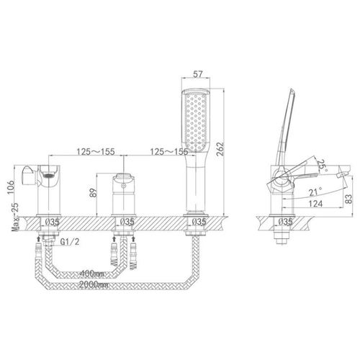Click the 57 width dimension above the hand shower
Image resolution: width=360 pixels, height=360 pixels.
198,74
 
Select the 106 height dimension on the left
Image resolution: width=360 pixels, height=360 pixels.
11,188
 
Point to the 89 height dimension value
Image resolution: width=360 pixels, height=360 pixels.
93,192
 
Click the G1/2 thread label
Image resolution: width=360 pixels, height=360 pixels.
70,242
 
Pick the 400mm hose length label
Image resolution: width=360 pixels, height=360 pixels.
92,274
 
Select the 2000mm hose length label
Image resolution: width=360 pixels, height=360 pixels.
94,285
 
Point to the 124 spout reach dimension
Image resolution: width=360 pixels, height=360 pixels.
315,204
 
